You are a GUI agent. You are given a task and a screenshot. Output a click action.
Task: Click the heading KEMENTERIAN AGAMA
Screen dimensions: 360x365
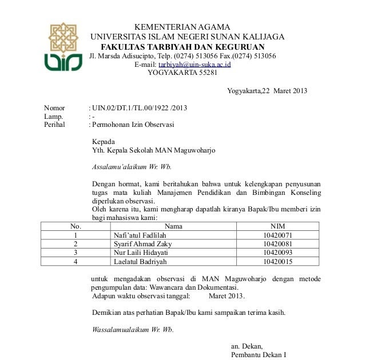[x=182, y=27]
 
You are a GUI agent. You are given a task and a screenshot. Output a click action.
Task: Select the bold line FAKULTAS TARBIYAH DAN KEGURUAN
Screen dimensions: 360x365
[x=182, y=47]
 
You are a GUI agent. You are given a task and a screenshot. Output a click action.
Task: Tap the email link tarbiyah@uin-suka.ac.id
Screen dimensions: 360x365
[x=199, y=65]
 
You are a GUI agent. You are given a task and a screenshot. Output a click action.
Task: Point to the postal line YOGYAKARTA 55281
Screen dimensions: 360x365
[x=182, y=73]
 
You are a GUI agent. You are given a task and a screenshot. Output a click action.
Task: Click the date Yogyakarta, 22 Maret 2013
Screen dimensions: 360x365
[x=267, y=91]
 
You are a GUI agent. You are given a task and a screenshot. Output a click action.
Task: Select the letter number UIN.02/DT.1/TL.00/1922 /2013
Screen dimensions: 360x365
[x=140, y=108]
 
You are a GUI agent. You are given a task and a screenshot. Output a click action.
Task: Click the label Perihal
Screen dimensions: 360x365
[x=55, y=124]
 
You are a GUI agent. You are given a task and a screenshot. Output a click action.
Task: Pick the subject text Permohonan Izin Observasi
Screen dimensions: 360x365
[x=133, y=124]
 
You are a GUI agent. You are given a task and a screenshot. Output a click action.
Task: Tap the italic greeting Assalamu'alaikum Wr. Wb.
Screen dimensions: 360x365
[x=132, y=167]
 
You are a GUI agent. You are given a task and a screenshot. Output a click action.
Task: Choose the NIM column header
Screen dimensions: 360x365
[x=277, y=226]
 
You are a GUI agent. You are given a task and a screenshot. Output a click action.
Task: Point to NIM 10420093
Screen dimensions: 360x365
[x=277, y=253]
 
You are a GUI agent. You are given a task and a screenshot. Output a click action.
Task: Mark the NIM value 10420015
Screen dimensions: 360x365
[x=277, y=262]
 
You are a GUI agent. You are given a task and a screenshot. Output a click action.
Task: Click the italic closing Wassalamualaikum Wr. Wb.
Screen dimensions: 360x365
[x=133, y=330]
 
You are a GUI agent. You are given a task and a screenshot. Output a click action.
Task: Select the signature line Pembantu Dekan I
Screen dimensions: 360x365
[x=258, y=355]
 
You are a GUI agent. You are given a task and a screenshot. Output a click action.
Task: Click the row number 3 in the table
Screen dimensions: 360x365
[x=76, y=253]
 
